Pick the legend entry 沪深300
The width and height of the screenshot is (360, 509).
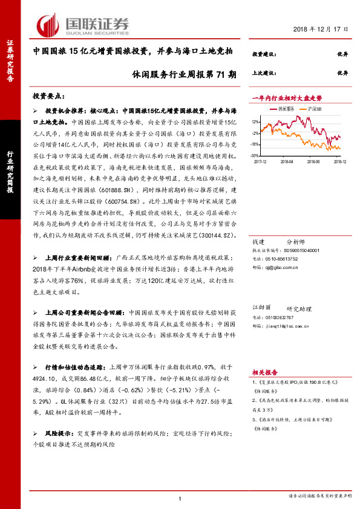tap(313, 109)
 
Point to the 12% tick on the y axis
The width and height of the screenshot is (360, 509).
tap(256, 122)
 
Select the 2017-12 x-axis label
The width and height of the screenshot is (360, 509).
tap(261, 161)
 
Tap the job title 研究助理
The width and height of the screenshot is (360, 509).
tap(297, 307)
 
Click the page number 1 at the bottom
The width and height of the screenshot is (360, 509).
tap(180, 498)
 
